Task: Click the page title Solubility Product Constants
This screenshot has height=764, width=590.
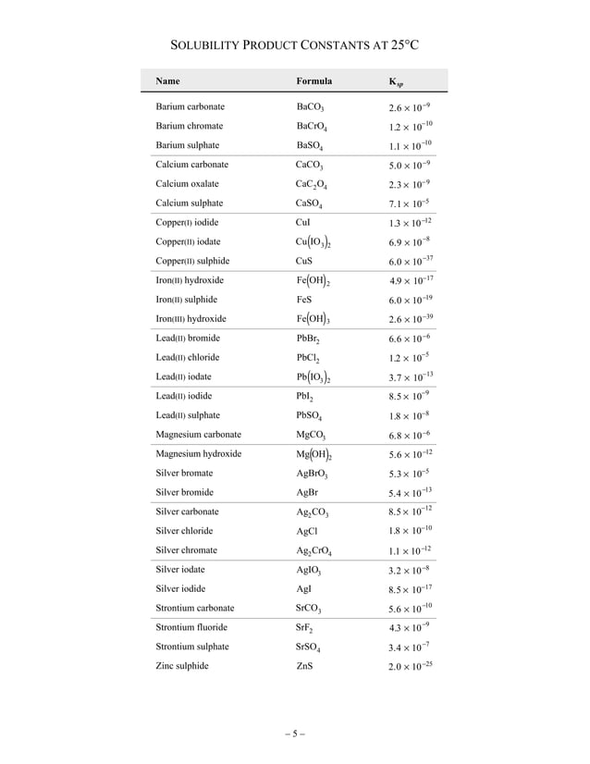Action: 294,45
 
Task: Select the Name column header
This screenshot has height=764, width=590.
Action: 168,80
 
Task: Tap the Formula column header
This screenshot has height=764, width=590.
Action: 313,80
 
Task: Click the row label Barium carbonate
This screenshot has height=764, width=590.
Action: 191,107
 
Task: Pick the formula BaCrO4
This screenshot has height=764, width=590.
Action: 313,127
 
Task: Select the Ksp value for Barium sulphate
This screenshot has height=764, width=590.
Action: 411,145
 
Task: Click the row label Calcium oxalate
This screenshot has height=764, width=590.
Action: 188,184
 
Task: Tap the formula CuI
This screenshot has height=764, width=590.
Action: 302,223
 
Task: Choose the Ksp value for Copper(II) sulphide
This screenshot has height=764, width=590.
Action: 411,261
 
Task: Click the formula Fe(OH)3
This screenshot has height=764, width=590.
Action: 314,319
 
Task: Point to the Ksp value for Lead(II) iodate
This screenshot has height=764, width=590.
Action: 411,376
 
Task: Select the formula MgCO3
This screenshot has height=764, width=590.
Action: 311,435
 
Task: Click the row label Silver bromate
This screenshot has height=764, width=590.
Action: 184,474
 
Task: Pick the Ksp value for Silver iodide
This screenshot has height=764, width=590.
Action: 411,588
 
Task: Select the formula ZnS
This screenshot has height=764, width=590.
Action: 304,666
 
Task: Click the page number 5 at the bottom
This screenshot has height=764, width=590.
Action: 294,735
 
